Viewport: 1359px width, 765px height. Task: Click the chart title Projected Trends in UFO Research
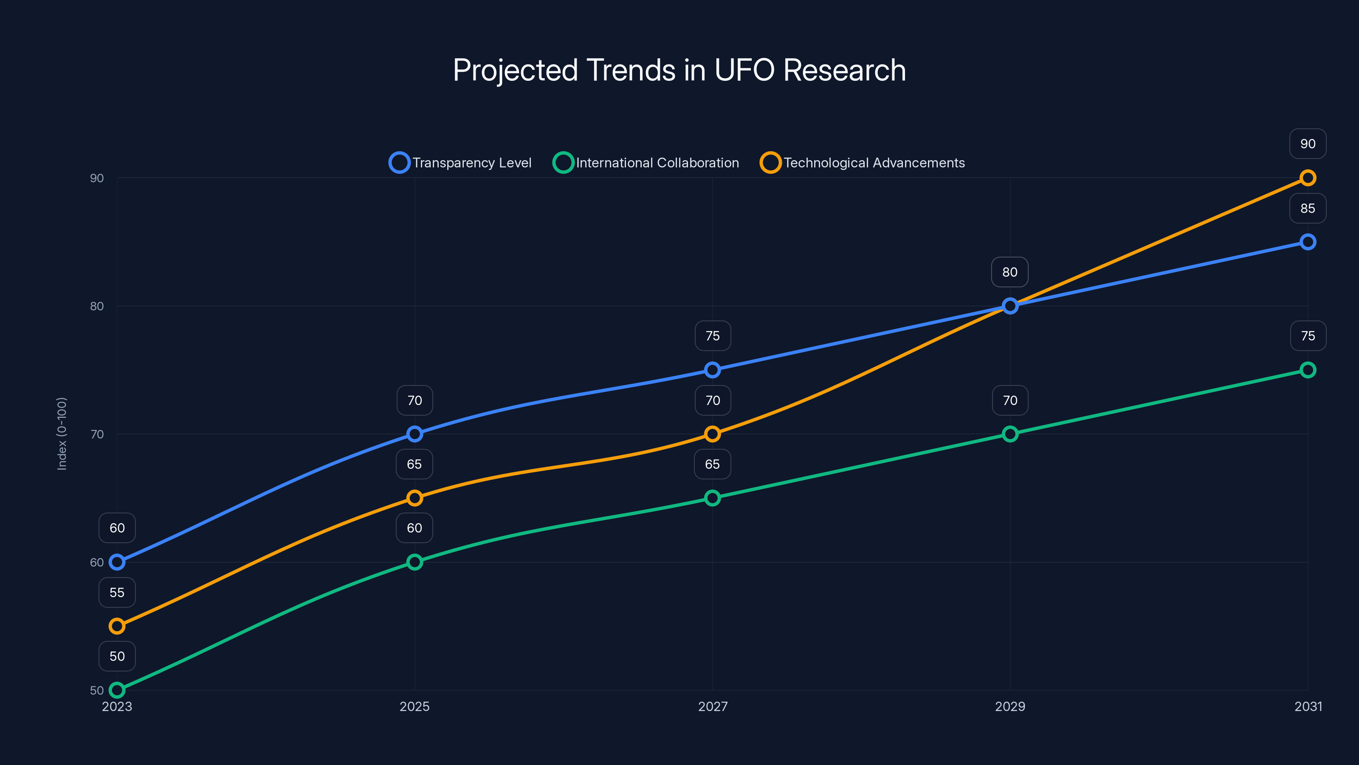679,70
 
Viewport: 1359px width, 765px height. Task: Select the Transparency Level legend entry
460,163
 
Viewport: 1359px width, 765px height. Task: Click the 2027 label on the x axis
712,706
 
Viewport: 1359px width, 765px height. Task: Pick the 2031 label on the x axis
1308,706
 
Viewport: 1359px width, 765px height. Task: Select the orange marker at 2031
1307,178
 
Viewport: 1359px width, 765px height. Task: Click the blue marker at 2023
117,562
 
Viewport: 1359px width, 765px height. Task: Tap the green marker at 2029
1010,434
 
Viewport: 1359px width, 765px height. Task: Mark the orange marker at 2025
414,498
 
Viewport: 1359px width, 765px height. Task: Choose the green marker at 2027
712,498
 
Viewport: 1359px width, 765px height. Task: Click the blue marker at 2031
1307,242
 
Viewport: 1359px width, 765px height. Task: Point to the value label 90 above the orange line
1307,144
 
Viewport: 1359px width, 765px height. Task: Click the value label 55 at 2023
117,592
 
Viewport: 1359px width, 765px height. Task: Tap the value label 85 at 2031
1307,208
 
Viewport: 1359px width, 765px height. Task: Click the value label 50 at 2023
117,656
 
